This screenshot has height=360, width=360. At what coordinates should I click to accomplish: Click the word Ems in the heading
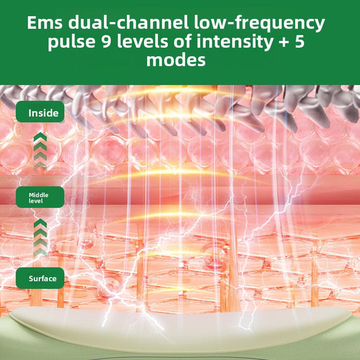click(45, 23)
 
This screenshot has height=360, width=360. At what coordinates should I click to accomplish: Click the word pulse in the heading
click(72, 42)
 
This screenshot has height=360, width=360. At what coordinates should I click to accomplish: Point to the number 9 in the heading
click(107, 42)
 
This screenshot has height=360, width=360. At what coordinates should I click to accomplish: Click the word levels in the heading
click(143, 41)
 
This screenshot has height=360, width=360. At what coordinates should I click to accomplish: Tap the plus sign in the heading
click(284, 43)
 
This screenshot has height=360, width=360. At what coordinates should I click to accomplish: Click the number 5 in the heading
click(300, 42)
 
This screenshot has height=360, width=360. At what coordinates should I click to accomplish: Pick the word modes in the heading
click(176, 60)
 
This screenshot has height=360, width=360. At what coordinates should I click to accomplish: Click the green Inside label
click(40, 111)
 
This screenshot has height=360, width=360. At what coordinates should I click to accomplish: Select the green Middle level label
click(40, 197)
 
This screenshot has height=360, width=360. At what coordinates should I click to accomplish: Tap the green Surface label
click(40, 278)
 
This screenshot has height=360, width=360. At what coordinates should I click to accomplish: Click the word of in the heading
click(182, 41)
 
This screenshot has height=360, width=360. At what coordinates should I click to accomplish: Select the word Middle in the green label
click(38, 195)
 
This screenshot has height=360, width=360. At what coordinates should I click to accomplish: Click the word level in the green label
click(36, 201)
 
